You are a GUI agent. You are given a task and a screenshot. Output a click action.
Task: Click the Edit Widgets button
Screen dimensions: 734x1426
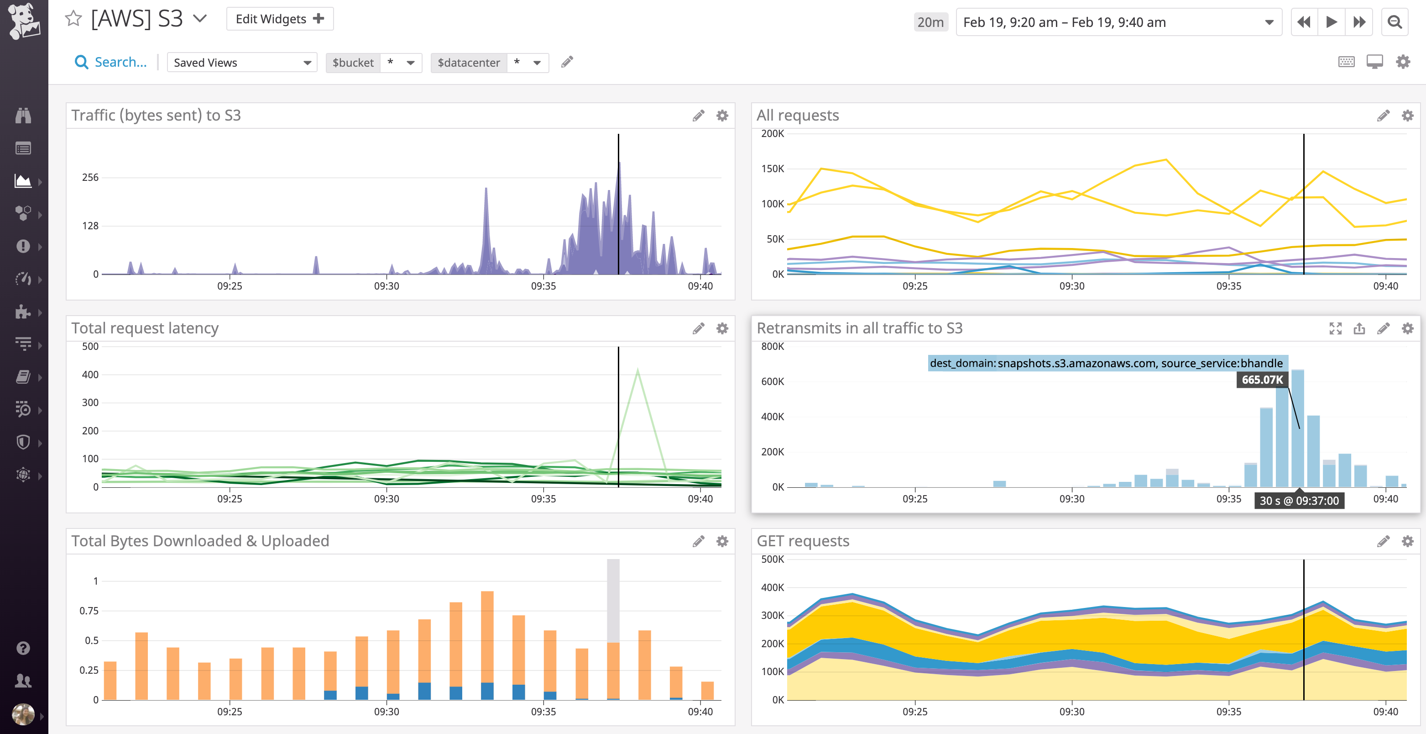280,19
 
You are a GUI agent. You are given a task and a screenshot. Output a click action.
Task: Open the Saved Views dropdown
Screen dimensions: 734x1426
242,63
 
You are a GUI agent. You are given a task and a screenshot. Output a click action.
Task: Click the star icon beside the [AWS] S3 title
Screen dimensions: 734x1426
73,19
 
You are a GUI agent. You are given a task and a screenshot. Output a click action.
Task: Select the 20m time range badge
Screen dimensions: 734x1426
930,22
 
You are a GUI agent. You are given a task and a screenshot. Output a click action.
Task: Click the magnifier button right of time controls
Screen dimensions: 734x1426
1395,22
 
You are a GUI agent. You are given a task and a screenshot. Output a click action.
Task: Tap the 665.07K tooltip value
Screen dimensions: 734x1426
1262,380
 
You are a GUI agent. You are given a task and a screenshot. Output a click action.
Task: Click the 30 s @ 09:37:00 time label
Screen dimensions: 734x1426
1299,500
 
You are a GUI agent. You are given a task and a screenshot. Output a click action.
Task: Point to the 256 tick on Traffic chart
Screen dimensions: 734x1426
90,177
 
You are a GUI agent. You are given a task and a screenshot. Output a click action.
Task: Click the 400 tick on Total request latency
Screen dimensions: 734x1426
90,375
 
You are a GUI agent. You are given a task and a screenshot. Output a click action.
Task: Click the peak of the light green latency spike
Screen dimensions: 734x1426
638,370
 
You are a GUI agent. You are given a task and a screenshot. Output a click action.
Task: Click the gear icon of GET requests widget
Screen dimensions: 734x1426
1407,541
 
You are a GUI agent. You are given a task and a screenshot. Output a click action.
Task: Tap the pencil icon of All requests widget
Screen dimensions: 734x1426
1383,115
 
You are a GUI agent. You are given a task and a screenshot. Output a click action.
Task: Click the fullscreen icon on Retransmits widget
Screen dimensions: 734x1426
1335,328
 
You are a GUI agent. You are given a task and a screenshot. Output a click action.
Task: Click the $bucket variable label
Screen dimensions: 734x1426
353,63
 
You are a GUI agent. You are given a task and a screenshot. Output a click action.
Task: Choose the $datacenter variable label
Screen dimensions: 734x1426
468,63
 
